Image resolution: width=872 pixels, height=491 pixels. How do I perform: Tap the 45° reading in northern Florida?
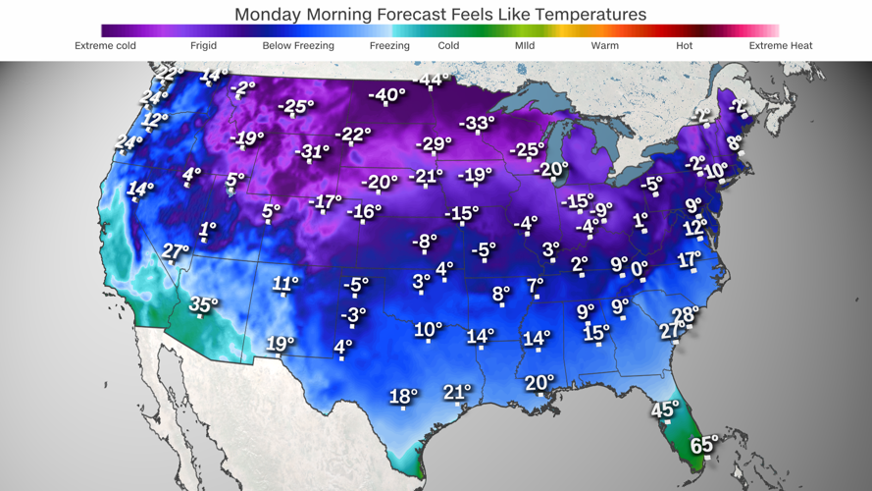665,409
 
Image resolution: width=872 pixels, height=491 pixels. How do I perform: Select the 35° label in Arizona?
203,304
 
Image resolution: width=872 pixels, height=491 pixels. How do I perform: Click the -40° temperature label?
386,95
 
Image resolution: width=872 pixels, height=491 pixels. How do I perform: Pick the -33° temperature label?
477,123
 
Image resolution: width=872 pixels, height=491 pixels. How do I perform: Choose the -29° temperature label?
433,143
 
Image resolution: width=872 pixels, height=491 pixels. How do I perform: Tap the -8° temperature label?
424,241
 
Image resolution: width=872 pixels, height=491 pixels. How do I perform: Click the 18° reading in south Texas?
403,396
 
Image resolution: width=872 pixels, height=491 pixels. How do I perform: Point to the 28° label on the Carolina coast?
685,315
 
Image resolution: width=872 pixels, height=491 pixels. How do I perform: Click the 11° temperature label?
284,284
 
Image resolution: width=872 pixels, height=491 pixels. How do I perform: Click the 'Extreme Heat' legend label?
780,46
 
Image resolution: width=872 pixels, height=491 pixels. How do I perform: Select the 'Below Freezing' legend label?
298,46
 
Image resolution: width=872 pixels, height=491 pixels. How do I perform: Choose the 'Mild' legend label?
525,46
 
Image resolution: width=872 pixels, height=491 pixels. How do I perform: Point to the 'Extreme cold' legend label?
106,46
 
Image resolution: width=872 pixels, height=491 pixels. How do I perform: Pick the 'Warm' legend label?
604,46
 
